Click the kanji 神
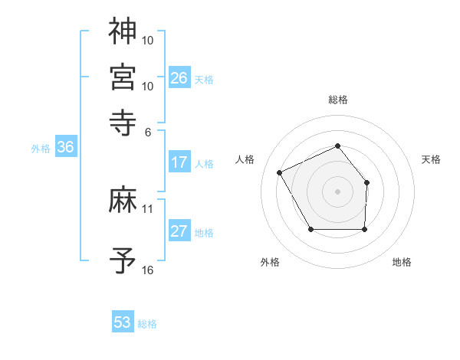(x=123, y=31)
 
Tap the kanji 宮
(x=123, y=77)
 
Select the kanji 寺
(x=123, y=122)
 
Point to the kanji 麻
(x=123, y=201)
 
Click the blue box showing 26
(x=179, y=78)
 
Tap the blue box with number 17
(x=179, y=162)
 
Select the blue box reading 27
(x=179, y=232)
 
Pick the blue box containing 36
(x=65, y=149)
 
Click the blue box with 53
(x=123, y=322)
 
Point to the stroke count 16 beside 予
(x=148, y=270)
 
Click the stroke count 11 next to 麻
(x=148, y=208)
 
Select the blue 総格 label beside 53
(x=147, y=324)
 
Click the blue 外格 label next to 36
(x=41, y=149)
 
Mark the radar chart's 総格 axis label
(x=337, y=100)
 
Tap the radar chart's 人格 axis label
(x=245, y=159)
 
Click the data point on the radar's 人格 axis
(x=280, y=172)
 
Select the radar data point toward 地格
(x=364, y=229)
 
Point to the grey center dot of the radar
(x=337, y=191)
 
